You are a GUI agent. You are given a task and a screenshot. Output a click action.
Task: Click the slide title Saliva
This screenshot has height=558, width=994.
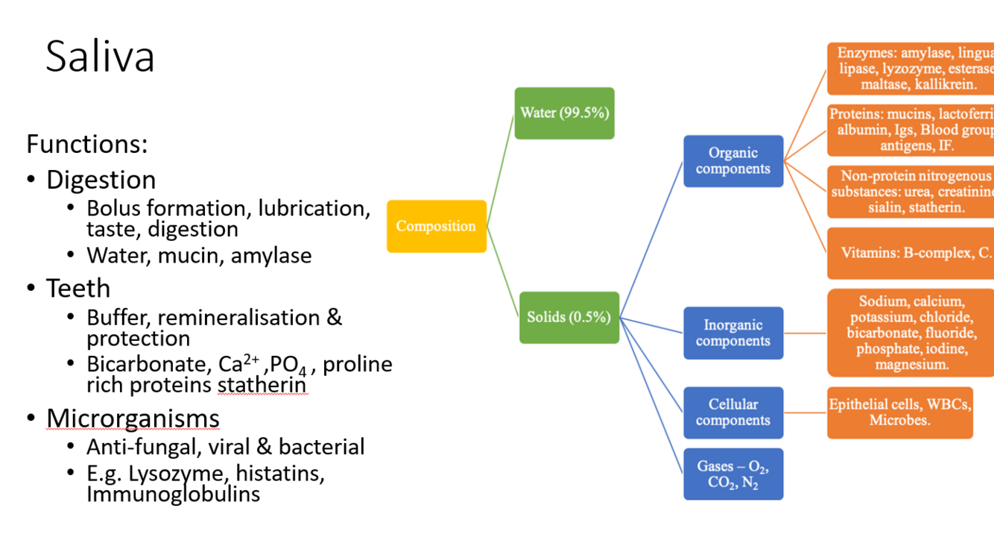[100, 57]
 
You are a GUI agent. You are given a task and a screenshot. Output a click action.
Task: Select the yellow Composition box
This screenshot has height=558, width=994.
[437, 226]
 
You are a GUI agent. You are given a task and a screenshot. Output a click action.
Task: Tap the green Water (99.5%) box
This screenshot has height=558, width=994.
[564, 113]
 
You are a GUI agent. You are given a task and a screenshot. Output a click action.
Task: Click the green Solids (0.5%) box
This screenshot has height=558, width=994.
[569, 317]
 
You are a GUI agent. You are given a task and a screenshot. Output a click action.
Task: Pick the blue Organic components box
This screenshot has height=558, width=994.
[733, 161]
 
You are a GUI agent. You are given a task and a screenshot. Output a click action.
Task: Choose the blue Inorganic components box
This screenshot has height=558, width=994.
[733, 333]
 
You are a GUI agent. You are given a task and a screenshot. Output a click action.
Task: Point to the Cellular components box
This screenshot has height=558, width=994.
[733, 413]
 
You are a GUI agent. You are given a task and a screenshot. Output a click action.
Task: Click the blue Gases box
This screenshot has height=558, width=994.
[733, 474]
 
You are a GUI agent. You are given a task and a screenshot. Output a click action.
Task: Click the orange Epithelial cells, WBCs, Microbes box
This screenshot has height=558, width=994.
[899, 413]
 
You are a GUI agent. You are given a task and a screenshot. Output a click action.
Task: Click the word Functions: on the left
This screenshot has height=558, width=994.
[87, 144]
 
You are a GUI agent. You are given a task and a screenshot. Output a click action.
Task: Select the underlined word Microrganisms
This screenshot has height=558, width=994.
[133, 418]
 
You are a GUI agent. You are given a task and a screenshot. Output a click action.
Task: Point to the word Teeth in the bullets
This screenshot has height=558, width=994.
[78, 289]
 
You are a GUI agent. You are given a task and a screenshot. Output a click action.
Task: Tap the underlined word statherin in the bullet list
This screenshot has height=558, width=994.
[262, 385]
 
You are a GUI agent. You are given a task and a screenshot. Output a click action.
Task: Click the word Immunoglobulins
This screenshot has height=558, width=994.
[173, 494]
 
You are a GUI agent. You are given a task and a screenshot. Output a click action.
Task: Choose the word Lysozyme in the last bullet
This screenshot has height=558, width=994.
[165, 474]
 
